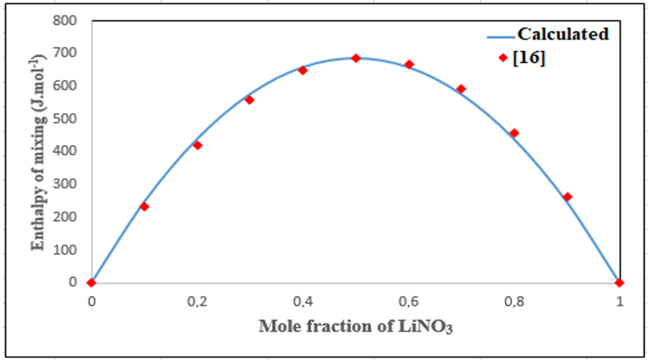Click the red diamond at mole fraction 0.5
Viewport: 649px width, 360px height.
(x=355, y=58)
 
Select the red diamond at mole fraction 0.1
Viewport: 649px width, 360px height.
(x=144, y=207)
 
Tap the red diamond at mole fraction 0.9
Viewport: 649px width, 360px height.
(x=567, y=197)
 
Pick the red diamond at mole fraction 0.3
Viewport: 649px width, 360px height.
(x=250, y=100)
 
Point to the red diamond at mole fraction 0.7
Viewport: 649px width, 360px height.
(x=461, y=89)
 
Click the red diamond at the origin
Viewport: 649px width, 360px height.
(x=92, y=282)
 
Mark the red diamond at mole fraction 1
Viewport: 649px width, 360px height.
(x=620, y=282)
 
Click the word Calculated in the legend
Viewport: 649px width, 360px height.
(x=563, y=34)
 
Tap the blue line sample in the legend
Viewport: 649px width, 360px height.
(x=501, y=36)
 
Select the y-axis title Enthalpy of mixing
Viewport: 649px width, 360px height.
(x=37, y=151)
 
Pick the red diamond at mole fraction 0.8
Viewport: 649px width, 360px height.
(x=514, y=133)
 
